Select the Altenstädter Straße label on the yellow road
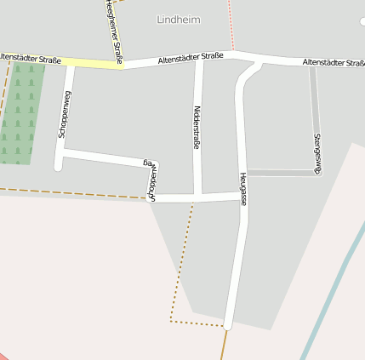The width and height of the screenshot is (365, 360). (x=31, y=59)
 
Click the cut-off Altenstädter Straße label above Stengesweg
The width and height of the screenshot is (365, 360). (x=333, y=62)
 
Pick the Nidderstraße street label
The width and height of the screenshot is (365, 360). (x=197, y=128)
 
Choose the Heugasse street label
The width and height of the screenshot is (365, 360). (x=243, y=188)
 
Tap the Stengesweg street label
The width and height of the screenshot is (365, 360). (x=317, y=153)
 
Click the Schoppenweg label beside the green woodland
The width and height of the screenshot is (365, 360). (x=62, y=116)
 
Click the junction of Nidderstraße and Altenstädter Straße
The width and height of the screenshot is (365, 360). (x=199, y=60)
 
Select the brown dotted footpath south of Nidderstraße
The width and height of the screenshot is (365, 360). (x=180, y=272)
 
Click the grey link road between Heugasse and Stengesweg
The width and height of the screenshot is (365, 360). (x=281, y=173)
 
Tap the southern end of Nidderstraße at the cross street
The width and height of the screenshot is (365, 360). (x=197, y=197)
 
